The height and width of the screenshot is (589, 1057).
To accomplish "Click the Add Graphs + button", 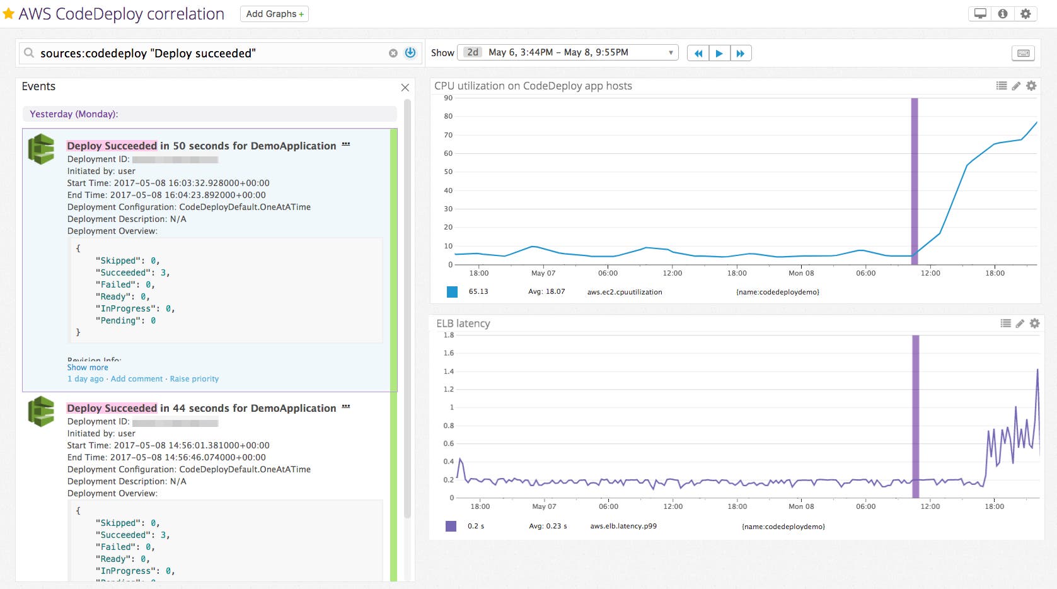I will [x=274, y=14].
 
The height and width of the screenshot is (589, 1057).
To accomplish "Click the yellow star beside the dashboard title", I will [x=9, y=14].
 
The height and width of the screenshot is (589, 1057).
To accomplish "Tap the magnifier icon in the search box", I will [x=29, y=53].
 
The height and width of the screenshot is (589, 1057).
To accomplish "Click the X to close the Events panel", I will [x=405, y=88].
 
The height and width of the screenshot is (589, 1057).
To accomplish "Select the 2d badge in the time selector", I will [x=473, y=52].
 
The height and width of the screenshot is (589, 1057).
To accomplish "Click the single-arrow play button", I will [x=719, y=54].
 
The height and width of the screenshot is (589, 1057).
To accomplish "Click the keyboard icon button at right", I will [x=1023, y=54].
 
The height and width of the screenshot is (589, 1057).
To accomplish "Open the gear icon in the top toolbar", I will [x=1025, y=14].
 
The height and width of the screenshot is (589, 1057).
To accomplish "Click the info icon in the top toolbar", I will [x=1003, y=14].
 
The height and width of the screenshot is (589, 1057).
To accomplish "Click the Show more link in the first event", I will [x=88, y=368].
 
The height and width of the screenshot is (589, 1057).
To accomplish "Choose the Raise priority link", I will [x=194, y=379].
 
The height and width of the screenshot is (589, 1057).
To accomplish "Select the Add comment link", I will [x=137, y=379].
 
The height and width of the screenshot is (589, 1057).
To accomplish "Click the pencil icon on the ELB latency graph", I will [x=1020, y=324].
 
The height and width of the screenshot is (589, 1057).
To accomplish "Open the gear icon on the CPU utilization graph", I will [x=1031, y=86].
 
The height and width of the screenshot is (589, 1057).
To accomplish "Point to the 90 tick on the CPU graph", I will [x=448, y=98].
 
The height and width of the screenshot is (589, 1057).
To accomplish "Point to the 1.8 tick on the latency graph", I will [x=448, y=335].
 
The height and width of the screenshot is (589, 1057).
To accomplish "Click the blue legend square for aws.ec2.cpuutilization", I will [x=452, y=291].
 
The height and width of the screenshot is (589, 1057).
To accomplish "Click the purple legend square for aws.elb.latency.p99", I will [x=451, y=526].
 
